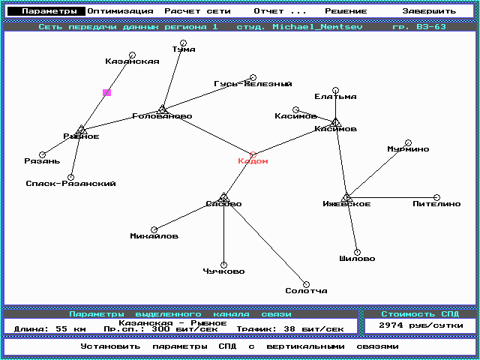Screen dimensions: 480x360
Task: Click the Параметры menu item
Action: point(49,11)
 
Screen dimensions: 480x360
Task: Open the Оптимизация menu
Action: point(120,11)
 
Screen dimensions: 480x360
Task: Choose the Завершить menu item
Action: point(429,11)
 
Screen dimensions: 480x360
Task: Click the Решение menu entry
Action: point(346,11)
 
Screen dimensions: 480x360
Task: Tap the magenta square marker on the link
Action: point(107,92)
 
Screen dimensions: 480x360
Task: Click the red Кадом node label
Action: point(253,161)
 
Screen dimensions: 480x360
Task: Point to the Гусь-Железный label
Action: point(253,84)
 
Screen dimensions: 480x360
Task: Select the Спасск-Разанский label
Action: point(70,183)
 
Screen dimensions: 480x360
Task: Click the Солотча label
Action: point(306,291)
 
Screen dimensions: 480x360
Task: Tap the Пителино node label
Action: point(436,204)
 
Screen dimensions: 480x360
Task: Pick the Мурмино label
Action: point(408,149)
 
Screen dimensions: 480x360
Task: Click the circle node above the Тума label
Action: point(184,43)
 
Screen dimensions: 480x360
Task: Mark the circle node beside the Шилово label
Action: point(357,252)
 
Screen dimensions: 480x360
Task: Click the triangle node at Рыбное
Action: point(82,130)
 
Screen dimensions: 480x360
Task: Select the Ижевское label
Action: point(346,204)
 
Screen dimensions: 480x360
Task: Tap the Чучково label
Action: point(223,271)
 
